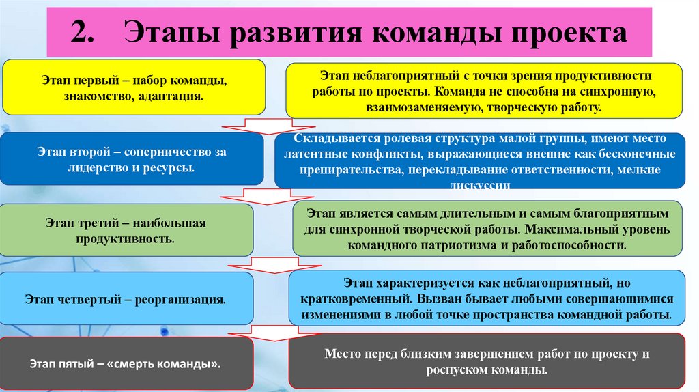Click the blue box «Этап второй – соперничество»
132,159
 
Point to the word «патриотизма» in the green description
455,244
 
